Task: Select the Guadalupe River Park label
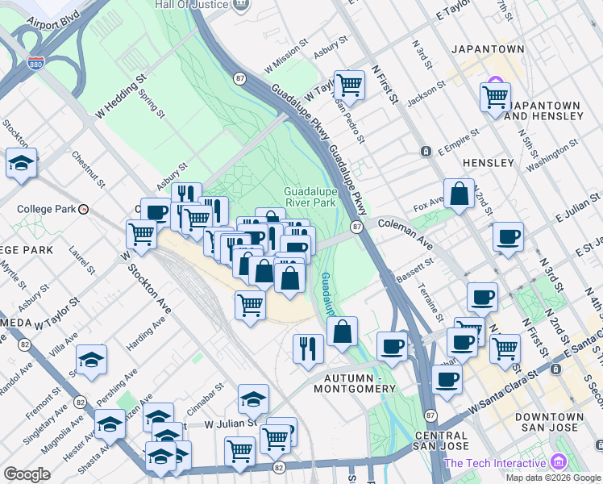click(x=310, y=198)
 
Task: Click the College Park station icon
click(x=83, y=209)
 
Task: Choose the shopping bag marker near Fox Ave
click(x=459, y=194)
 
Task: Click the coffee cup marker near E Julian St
click(x=509, y=237)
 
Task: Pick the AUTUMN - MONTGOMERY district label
click(x=360, y=383)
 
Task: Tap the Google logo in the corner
click(x=27, y=474)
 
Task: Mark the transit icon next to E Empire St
click(x=426, y=152)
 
